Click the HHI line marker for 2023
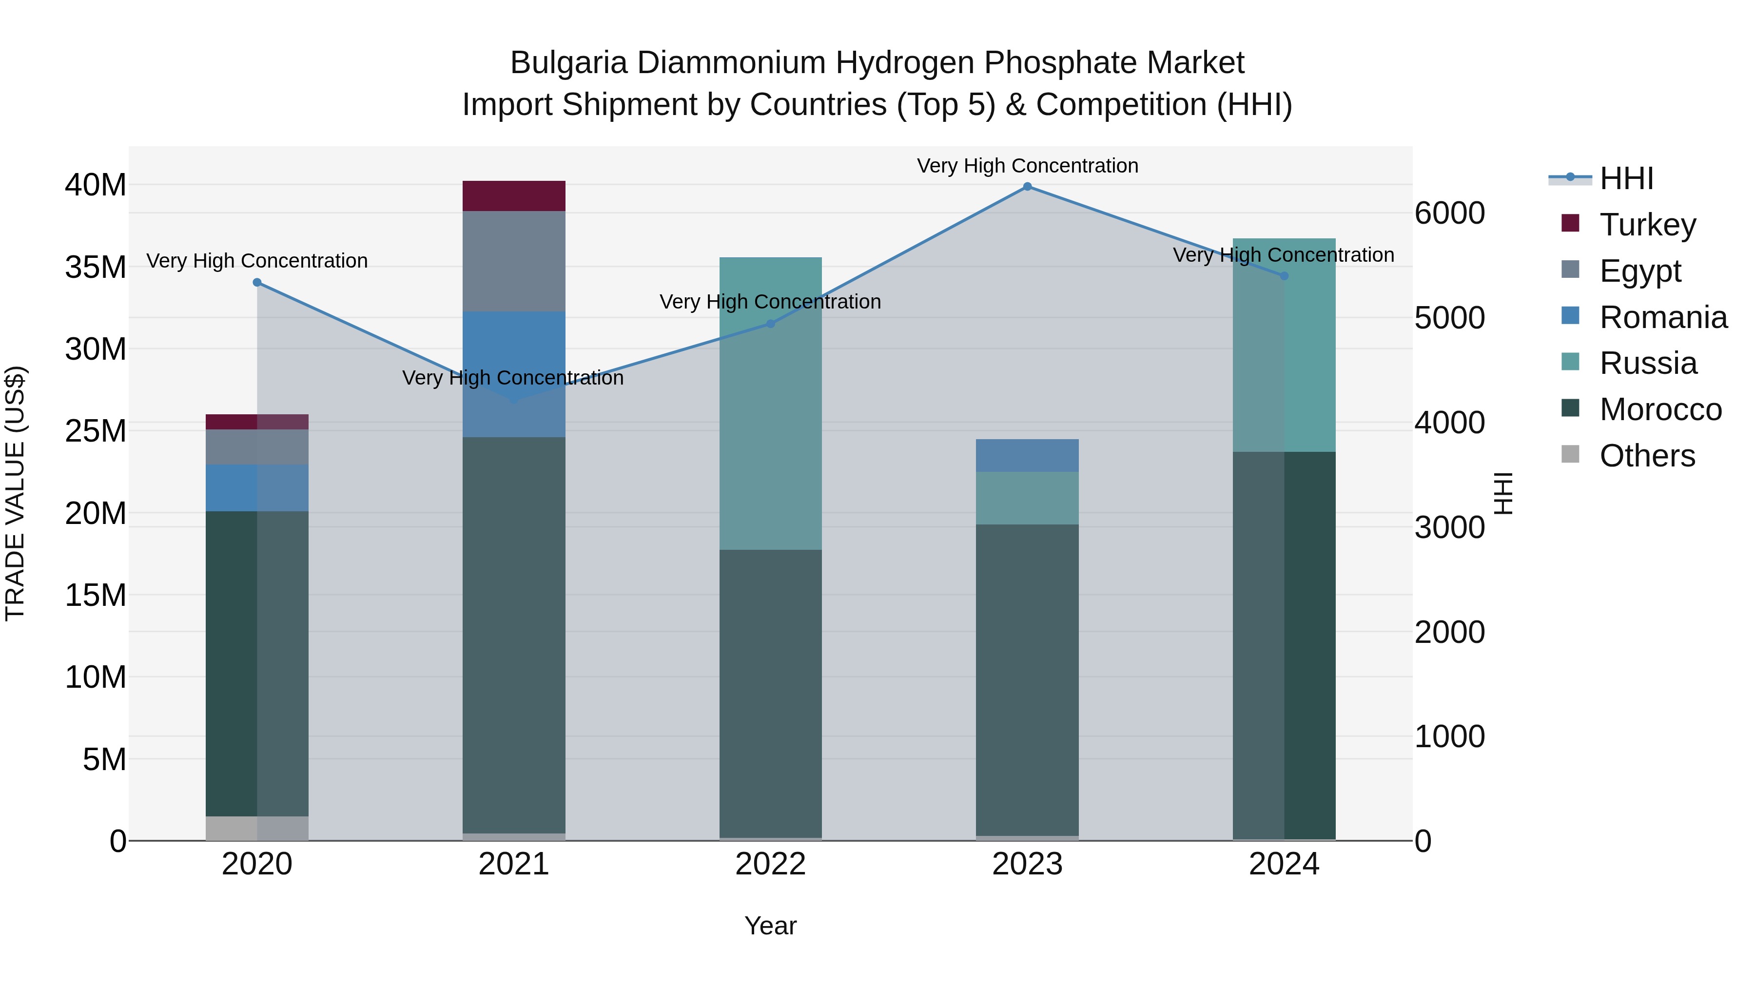1027,187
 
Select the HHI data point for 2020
257,283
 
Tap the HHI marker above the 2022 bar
771,324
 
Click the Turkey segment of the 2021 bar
514,196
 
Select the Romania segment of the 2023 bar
1027,456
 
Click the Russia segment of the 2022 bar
771,403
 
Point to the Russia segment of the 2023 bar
1027,498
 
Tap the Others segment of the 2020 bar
257,828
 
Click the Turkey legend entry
1647,225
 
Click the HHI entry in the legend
1625,178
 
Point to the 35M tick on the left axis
96,267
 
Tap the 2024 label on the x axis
1284,864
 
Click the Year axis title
771,926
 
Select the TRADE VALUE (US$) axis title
15,493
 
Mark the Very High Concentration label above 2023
1027,166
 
